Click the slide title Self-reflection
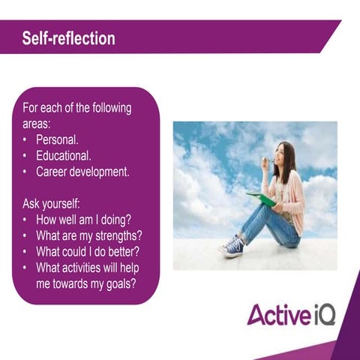tap(68, 38)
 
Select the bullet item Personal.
tap(58, 140)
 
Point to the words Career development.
tap(82, 172)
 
